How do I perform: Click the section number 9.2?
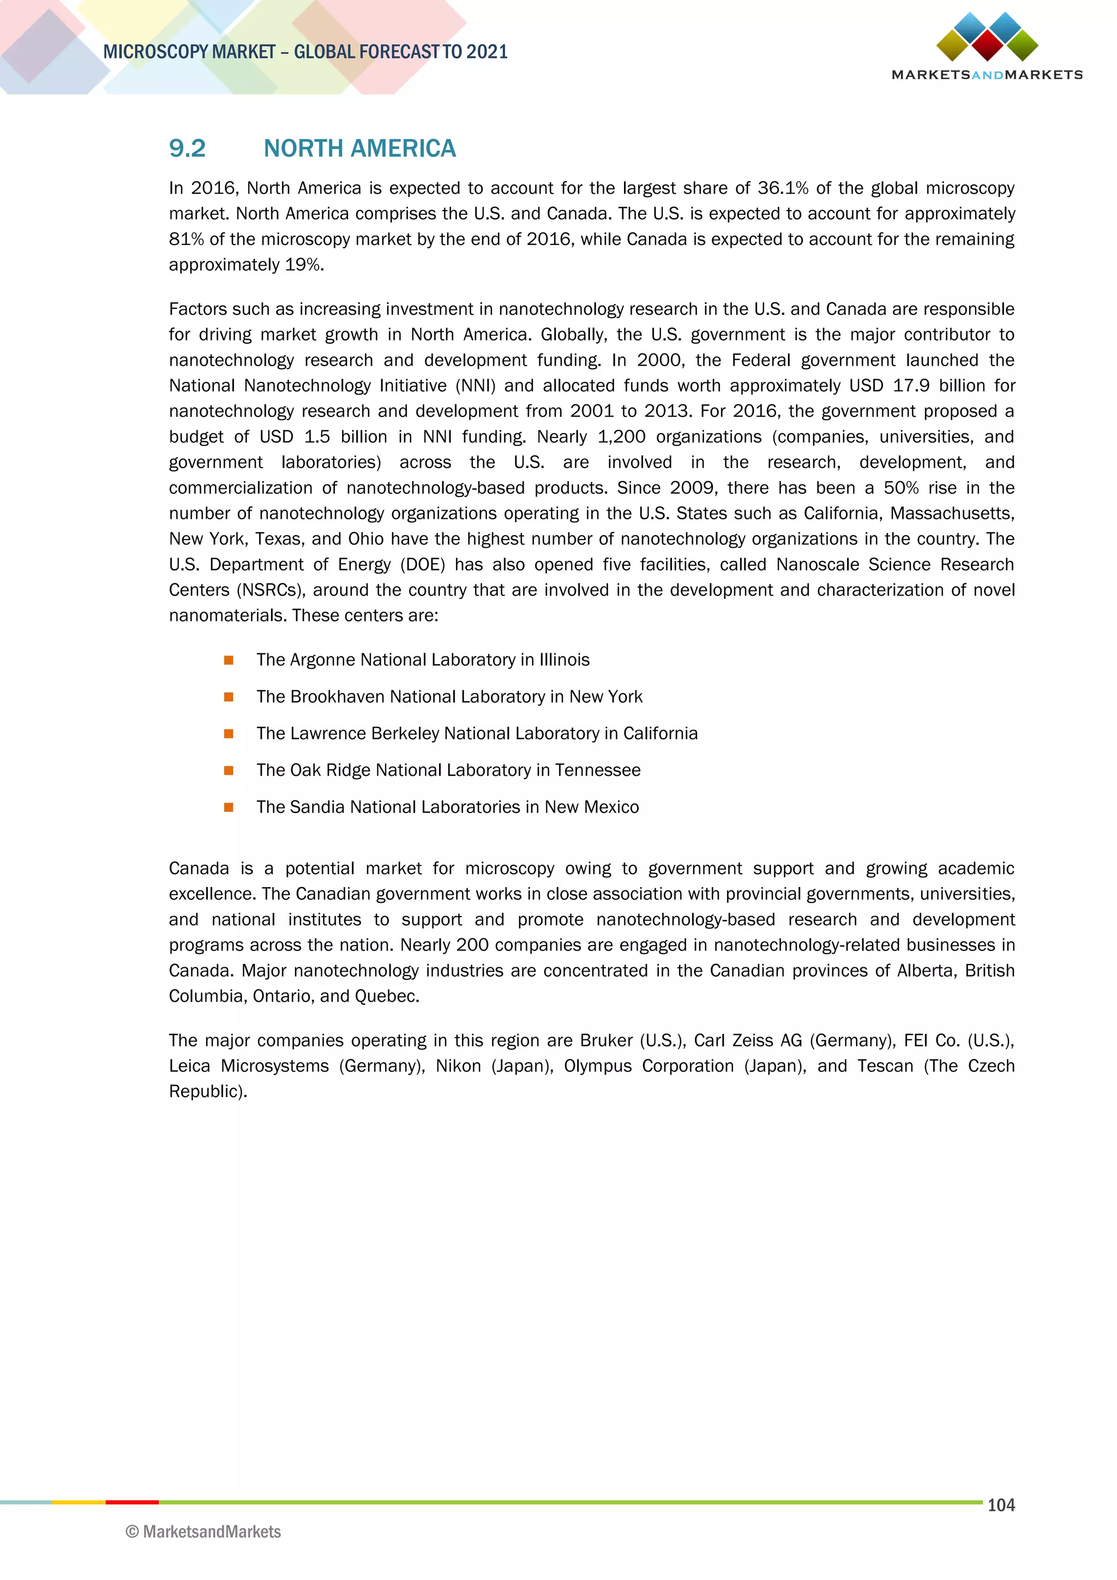[187, 148]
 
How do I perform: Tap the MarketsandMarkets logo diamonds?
[987, 37]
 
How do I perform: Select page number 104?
[1001, 1505]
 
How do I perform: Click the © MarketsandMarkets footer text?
[203, 1532]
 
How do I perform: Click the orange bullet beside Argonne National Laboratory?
[229, 661]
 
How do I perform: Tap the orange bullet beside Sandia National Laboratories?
[229, 807]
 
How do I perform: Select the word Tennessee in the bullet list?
[598, 770]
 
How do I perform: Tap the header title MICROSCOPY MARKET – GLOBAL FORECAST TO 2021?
[305, 52]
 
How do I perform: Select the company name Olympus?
[597, 1066]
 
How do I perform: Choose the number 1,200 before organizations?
[621, 437]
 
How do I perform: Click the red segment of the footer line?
[132, 1502]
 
